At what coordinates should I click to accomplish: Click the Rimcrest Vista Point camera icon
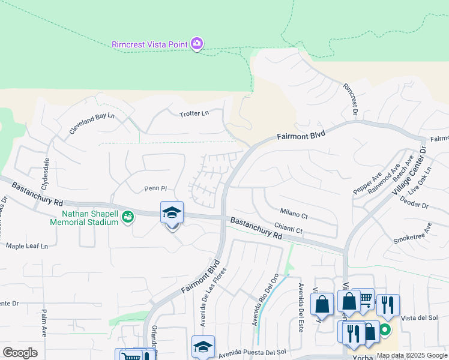[x=196, y=44]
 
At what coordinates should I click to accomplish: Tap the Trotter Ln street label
[x=194, y=113]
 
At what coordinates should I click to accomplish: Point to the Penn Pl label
[x=154, y=189]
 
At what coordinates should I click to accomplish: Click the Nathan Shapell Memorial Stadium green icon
[x=127, y=217]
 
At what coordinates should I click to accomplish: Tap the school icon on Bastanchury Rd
[x=172, y=213]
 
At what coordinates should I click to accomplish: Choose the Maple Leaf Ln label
[x=26, y=246]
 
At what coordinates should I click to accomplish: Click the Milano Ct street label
[x=294, y=215]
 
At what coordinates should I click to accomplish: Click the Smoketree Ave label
[x=413, y=235]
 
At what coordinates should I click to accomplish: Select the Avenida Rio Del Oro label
[x=267, y=296]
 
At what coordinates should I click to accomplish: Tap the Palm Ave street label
[x=44, y=322]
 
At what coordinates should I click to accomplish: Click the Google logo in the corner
[x=20, y=352]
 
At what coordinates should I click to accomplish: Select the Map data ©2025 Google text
[x=411, y=355]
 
